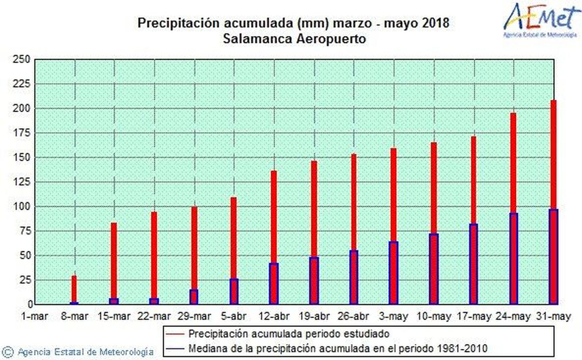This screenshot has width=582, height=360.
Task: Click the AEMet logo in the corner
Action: point(541,20)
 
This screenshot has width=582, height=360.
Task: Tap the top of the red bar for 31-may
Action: point(553,101)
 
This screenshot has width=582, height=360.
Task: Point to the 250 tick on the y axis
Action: point(21,59)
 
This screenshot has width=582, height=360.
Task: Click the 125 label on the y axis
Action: point(21,182)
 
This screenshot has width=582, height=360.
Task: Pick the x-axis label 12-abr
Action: point(274,317)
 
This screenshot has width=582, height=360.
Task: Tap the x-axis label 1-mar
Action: point(35,317)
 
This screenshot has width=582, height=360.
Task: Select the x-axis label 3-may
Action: point(393,317)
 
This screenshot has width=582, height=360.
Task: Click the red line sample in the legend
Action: point(175,334)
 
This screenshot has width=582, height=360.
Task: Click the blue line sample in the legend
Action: point(175,349)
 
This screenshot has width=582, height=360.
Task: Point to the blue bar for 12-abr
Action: point(274,284)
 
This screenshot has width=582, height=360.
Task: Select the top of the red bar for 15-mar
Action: point(114,224)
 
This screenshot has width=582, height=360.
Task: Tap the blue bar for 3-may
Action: point(393,273)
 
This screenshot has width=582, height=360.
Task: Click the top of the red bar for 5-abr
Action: point(234,199)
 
